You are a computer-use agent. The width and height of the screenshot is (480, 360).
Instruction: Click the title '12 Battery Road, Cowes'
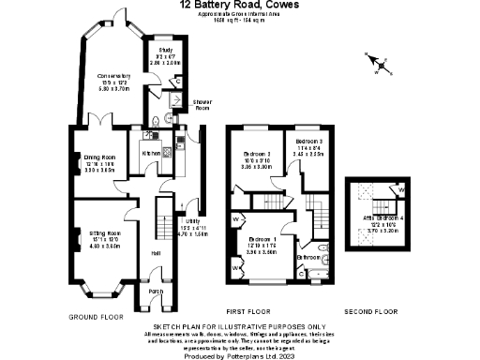point(239,5)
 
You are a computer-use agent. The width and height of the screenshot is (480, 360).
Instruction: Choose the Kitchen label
point(151,152)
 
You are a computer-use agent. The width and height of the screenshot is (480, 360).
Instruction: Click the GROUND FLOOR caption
point(97,316)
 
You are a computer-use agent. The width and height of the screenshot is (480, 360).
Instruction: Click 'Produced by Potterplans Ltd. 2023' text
point(239,354)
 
